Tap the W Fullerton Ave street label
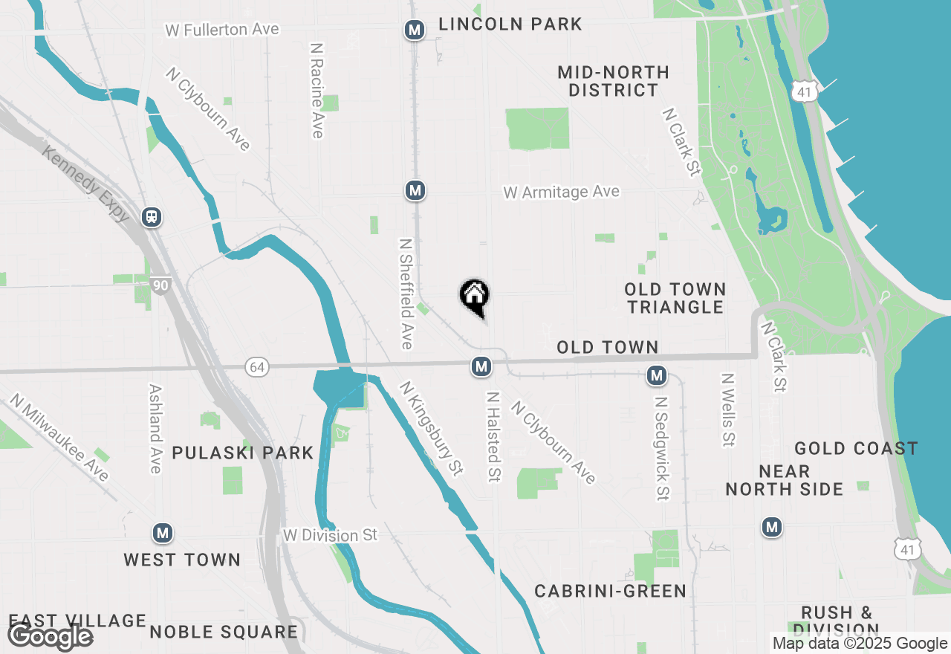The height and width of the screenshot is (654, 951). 222,30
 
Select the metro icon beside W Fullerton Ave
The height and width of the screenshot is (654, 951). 415,30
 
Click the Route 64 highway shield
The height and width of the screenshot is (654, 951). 257,367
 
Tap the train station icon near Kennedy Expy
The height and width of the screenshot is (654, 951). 152,217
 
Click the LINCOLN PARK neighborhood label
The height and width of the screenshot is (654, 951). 510,25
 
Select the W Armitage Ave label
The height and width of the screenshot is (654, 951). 561,192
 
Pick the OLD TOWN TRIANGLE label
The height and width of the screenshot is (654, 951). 675,298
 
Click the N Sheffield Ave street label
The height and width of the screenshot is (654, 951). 406,294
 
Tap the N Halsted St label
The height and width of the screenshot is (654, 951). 492,436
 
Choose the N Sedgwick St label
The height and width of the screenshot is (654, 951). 661,447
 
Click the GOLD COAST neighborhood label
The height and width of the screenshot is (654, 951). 856,448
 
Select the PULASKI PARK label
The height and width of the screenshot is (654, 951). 243,453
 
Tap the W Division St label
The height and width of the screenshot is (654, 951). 331,535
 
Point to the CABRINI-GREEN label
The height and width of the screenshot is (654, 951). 610,591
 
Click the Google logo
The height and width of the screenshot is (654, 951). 50,635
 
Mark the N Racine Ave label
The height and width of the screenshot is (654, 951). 317,90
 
